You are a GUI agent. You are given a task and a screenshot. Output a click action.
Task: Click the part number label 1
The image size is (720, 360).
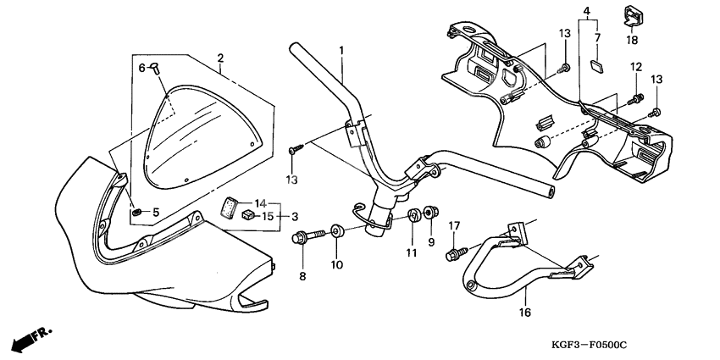tap(341, 51)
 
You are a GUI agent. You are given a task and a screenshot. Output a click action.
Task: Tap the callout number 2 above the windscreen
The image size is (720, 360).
tap(220, 58)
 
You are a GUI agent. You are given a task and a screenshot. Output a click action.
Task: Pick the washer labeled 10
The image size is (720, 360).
tap(337, 230)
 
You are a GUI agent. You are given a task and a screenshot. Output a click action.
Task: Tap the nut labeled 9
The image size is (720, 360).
tap(429, 211)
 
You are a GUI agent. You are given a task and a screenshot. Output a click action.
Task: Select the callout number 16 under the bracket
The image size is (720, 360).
tap(523, 313)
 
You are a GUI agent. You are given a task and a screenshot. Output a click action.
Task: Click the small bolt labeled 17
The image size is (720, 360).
tap(458, 252)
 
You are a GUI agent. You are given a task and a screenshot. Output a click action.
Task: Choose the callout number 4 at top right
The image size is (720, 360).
tap(585, 10)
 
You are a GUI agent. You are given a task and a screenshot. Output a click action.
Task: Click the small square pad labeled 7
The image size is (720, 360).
tap(595, 62)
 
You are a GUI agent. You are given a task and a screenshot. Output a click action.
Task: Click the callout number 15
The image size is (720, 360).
tap(268, 217)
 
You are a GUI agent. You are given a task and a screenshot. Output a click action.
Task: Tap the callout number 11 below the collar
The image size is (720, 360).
tap(411, 252)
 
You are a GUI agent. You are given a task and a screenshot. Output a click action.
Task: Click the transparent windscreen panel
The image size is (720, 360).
tap(199, 136)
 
